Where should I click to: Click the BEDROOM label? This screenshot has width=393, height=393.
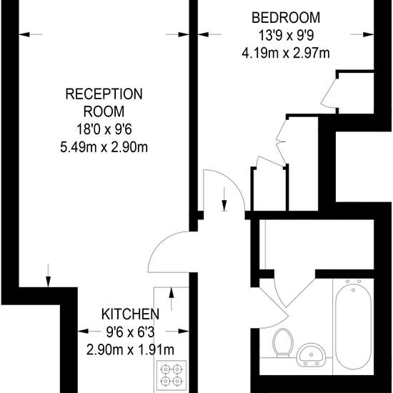[x=286, y=18]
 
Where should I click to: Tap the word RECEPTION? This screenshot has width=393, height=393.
[x=104, y=94]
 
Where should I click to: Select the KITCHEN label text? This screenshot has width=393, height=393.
[x=130, y=314]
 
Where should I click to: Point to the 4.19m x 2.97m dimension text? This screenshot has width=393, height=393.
[x=286, y=54]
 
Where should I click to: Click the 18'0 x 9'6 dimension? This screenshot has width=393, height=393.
[x=104, y=130]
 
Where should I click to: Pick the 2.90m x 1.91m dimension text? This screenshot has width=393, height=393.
[x=130, y=349]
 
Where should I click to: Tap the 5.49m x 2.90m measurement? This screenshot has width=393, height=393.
[x=104, y=148]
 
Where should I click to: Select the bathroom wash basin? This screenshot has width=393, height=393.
[x=311, y=354]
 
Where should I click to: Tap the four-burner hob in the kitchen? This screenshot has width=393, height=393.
[x=171, y=375]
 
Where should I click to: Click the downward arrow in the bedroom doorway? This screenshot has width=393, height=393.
[x=224, y=199]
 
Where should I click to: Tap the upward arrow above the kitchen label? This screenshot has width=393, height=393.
[x=171, y=299]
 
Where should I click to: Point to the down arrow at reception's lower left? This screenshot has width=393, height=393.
[x=48, y=275]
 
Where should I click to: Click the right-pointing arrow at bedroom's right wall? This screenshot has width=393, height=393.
[x=362, y=34]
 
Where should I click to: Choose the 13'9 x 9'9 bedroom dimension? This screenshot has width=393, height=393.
[x=286, y=36]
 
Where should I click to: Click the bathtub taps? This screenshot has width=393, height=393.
[x=354, y=284]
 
